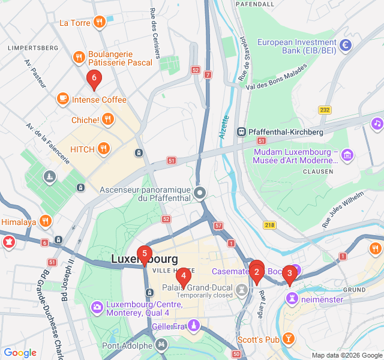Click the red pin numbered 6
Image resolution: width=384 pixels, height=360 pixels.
pyautogui.click(x=93, y=79)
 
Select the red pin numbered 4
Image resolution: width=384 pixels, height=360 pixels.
pyautogui.click(x=183, y=277)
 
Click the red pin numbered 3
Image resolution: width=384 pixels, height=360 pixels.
pyautogui.click(x=290, y=274)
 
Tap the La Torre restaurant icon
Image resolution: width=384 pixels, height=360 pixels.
pyautogui.click(x=100, y=23)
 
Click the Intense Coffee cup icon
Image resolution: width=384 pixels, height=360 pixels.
pyautogui.click(x=63, y=99)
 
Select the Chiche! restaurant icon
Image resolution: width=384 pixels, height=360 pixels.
pyautogui.click(x=108, y=119)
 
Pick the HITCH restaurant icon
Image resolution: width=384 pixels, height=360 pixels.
pyautogui.click(x=104, y=148)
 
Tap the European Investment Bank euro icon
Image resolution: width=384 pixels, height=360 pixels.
pyautogui.click(x=346, y=45)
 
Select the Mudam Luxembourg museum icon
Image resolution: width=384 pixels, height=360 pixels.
pyautogui.click(x=347, y=155)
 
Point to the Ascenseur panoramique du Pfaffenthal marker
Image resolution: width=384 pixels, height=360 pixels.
pyautogui.click(x=200, y=193)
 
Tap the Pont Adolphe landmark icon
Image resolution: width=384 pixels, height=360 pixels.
pyautogui.click(x=161, y=345)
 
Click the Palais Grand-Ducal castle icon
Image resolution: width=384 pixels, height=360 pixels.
pyautogui.click(x=242, y=289)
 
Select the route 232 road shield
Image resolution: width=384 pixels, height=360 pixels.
pyautogui.click(x=325, y=110)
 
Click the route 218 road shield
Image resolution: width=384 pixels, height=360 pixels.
pyautogui.click(x=269, y=224)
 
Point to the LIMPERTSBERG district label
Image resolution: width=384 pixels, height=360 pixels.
pyautogui.click(x=32, y=47)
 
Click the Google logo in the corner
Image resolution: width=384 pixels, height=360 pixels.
pyautogui.click(x=20, y=353)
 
